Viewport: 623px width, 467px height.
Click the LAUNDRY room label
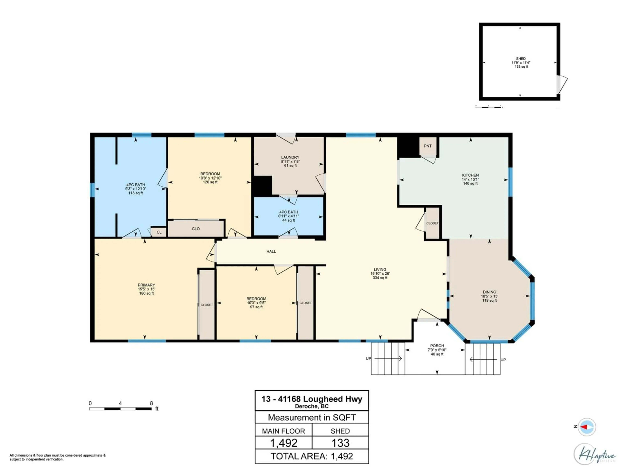coord(290,157)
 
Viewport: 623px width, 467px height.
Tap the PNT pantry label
coord(428,146)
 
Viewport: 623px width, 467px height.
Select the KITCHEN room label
coord(470,175)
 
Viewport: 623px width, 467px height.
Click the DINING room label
coord(489,292)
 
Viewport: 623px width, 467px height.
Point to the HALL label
coord(271,251)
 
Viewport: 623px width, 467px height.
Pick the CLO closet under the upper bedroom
coord(196,229)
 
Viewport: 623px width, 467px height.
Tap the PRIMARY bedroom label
coord(146,285)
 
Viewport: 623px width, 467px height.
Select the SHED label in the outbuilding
coord(521,59)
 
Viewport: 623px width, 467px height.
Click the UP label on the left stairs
coord(368,358)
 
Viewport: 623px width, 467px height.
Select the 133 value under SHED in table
coord(340,443)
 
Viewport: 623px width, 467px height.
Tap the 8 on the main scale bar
coord(151,403)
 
